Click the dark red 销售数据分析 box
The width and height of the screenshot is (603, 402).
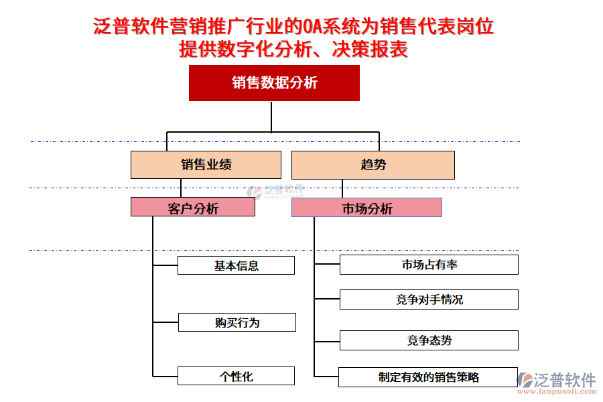tap(274, 83)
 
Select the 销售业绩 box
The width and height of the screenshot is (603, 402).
tap(206, 165)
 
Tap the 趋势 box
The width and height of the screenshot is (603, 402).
tap(373, 165)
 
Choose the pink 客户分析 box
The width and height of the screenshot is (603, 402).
tap(192, 208)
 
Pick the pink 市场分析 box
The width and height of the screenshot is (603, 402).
tap(366, 208)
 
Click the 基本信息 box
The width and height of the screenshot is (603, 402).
tap(236, 265)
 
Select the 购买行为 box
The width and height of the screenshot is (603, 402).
tap(237, 322)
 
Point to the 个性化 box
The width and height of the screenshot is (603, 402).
tap(236, 376)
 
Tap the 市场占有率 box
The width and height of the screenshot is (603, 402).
tap(429, 265)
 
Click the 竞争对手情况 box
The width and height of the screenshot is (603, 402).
tap(429, 299)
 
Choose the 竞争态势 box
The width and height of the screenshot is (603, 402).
tap(429, 340)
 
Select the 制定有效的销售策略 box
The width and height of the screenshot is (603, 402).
tap(428, 377)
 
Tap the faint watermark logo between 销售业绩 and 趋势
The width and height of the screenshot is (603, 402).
tap(275, 191)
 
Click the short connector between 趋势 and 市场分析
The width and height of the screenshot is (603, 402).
tap(342, 188)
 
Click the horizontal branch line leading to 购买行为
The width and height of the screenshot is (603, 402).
tap(165, 322)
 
